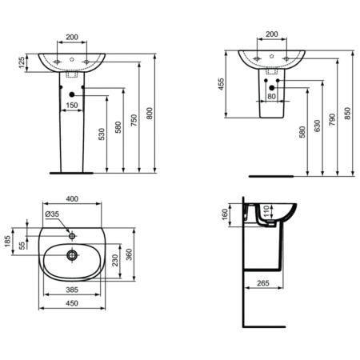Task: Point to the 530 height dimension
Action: click(x=102, y=133)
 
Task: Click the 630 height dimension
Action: click(x=319, y=128)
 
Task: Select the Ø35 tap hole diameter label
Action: click(x=55, y=214)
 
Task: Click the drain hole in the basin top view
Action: click(x=72, y=255)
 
